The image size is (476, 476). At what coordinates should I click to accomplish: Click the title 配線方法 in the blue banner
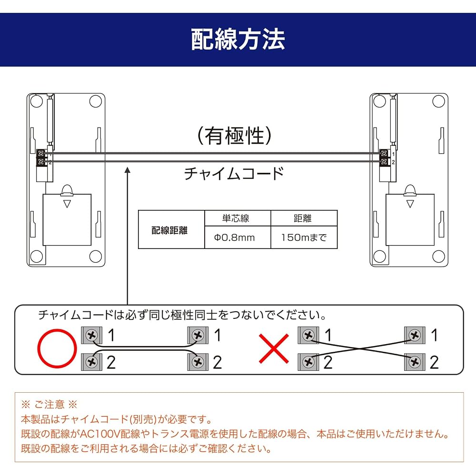[x=238, y=39]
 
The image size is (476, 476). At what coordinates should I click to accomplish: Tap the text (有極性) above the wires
[x=234, y=136]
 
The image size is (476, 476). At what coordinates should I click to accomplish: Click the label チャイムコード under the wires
[x=234, y=173]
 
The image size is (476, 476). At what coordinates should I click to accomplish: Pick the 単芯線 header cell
[x=238, y=218]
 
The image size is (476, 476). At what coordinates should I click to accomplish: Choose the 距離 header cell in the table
[x=304, y=218]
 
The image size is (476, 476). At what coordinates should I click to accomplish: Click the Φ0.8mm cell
[x=238, y=238]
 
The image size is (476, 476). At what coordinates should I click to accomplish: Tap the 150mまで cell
[x=304, y=238]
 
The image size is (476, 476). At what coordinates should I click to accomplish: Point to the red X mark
[x=274, y=348]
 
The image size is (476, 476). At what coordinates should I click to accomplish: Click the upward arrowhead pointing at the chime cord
[x=128, y=170]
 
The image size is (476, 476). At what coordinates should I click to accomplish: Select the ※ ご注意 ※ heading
[x=49, y=404]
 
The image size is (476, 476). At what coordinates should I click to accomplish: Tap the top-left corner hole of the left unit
[x=37, y=101]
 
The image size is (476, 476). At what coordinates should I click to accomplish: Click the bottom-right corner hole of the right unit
[x=438, y=257]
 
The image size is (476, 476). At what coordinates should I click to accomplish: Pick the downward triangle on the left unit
[x=67, y=204]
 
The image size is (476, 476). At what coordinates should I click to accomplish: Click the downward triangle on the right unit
[x=410, y=204]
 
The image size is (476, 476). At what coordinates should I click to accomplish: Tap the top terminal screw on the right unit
[x=384, y=154]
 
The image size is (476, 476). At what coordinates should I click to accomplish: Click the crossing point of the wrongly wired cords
[x=359, y=348]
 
